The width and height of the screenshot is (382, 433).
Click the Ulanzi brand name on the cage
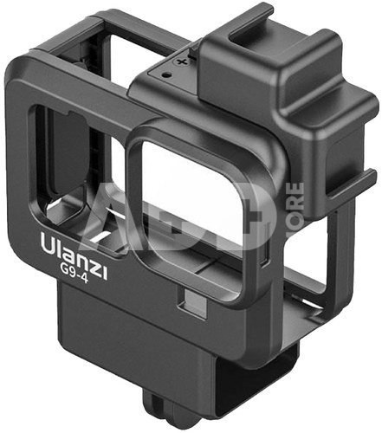click(x=74, y=256)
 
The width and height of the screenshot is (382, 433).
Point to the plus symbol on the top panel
click(x=182, y=61)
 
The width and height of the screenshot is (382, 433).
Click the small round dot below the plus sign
click(x=166, y=75)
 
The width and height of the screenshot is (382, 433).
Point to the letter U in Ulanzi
click(x=49, y=244)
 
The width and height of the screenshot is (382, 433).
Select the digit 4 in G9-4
click(x=83, y=279)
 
